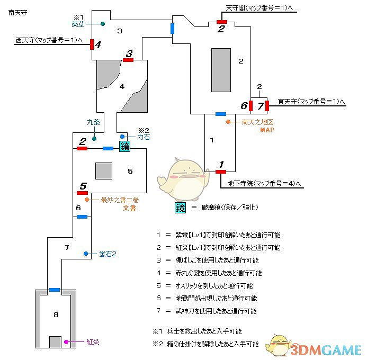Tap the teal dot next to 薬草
point(102,24)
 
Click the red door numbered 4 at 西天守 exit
point(92,44)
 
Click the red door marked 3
point(128,60)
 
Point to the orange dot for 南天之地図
point(228,122)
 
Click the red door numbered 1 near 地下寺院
point(221,171)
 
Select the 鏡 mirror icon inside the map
point(124,147)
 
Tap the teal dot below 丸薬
point(94,139)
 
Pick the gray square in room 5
point(104,171)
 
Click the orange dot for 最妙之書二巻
point(87,200)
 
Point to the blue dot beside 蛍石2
point(85,254)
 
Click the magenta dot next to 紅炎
point(66,342)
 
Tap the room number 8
point(56,315)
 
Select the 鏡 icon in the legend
point(180,208)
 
